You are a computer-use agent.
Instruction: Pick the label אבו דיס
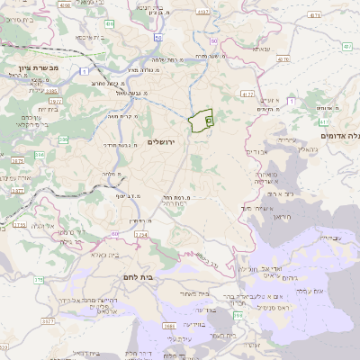click(258, 151)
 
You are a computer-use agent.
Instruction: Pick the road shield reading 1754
click(140, 234)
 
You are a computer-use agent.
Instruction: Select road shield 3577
click(48, 319)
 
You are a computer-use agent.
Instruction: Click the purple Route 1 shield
click(84, 70)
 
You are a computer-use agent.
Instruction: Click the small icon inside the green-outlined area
click(209, 119)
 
